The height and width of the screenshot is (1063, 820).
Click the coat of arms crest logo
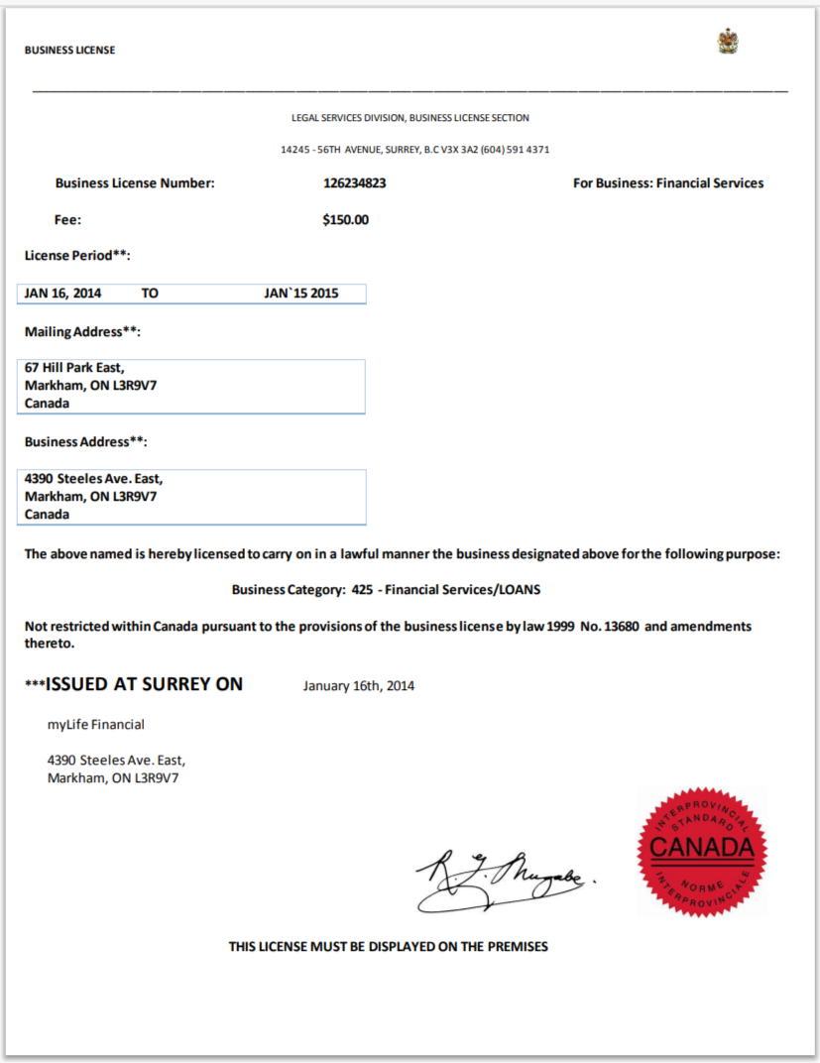coord(728,42)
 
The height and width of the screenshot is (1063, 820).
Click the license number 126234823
coord(354,183)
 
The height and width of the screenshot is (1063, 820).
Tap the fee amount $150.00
coord(345,220)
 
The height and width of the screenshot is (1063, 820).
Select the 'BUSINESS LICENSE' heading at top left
coord(69,51)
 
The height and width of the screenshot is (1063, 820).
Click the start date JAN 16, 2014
coord(62,295)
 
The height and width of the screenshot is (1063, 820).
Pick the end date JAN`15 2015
coord(301,295)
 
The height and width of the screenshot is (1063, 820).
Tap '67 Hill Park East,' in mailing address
coord(74,368)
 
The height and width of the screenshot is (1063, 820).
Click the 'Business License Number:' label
coord(135,183)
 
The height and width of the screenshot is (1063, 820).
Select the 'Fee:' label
coord(67,220)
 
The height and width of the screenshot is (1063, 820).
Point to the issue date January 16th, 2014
coord(359,686)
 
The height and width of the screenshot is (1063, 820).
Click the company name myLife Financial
coord(95,725)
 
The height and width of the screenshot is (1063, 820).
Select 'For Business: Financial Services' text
coord(668,183)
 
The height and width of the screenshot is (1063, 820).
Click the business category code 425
coord(362,590)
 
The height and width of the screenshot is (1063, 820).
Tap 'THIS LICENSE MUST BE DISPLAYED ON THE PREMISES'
coord(388,947)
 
